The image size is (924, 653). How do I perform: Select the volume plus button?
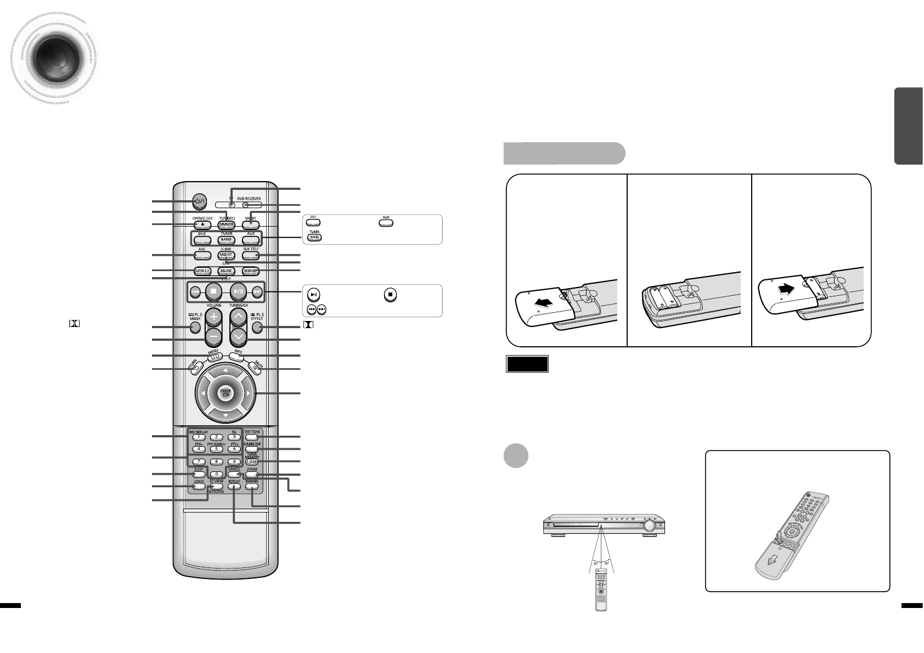click(213, 317)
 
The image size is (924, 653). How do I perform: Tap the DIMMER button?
click(226, 225)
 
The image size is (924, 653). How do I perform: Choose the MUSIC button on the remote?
click(226, 271)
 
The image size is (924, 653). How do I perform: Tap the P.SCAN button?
click(251, 462)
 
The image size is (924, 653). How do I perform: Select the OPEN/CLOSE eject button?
click(201, 225)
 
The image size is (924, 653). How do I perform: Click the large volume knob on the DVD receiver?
click(650, 526)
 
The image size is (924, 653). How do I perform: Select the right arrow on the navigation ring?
click(249, 393)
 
